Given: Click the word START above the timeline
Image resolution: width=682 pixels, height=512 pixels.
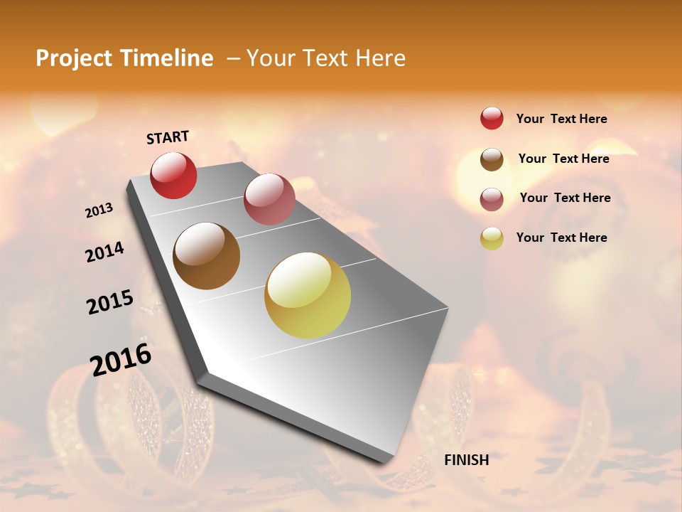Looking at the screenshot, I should [168, 137].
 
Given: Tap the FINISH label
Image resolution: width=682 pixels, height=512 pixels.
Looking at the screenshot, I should [466, 460].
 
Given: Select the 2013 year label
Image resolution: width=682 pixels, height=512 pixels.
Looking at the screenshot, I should [99, 210].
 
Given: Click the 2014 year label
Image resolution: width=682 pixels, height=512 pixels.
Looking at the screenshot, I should [104, 252].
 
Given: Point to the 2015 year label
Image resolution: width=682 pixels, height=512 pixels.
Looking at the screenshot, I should [110, 302].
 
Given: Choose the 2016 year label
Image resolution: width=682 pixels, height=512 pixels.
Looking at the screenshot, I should [121, 360].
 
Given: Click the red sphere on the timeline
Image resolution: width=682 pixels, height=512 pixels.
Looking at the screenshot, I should [173, 176].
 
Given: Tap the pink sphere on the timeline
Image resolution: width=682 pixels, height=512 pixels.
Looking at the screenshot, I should [269, 199].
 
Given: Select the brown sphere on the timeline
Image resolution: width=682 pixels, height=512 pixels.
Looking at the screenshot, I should [207, 256].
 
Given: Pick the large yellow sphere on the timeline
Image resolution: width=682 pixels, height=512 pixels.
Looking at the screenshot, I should [308, 295].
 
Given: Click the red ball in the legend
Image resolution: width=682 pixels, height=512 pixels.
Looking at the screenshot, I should [492, 118].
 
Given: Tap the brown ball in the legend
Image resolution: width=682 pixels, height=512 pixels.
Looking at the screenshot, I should [492, 159].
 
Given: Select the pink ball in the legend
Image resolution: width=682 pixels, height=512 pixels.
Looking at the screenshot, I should [492, 199].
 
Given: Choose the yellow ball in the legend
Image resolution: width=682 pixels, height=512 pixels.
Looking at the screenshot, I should [492, 238].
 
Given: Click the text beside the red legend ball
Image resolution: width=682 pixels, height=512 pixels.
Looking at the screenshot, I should [561, 119].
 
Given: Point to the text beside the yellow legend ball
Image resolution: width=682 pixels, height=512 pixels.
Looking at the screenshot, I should [561, 238].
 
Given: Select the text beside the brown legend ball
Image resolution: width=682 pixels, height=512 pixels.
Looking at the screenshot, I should [563, 159].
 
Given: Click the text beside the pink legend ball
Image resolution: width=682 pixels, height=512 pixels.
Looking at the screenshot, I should [565, 198].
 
